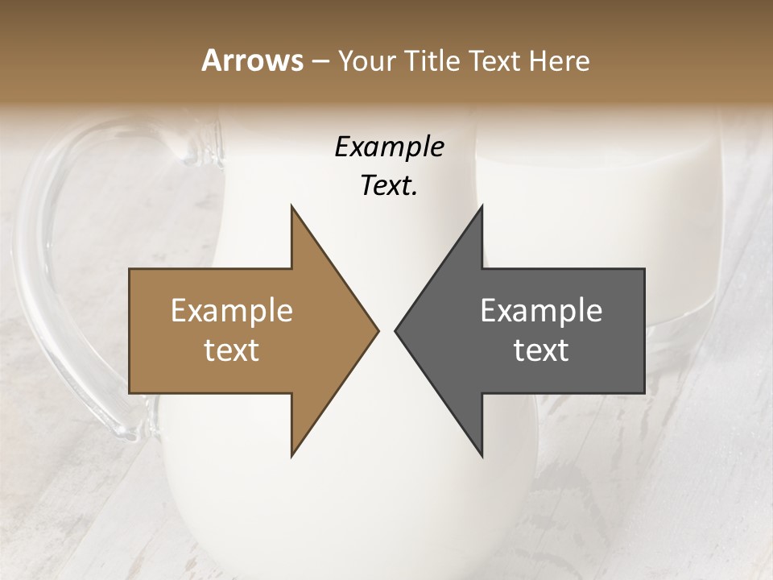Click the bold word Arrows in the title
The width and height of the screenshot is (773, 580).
click(x=251, y=60)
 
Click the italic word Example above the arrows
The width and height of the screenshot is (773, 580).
click(x=389, y=147)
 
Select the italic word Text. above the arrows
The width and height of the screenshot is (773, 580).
click(x=389, y=186)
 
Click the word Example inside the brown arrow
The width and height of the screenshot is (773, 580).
click(x=232, y=311)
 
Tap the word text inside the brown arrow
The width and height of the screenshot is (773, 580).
click(x=232, y=350)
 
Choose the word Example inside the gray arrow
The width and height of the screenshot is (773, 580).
click(x=541, y=311)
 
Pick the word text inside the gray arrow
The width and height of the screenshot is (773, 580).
click(x=541, y=350)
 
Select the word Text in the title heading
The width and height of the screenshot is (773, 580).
click(x=494, y=61)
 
